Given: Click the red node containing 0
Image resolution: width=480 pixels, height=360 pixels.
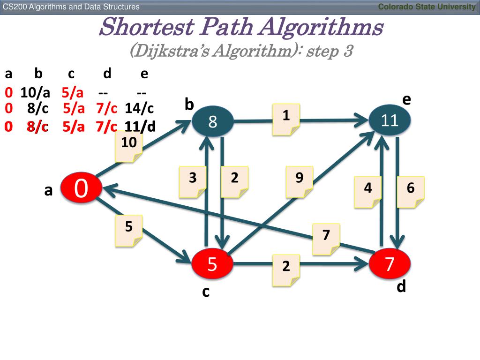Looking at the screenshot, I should click(x=81, y=188).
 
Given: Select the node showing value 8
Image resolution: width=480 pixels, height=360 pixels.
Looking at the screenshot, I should click(x=212, y=121).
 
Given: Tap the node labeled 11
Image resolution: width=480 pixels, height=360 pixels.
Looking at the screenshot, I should click(x=390, y=120).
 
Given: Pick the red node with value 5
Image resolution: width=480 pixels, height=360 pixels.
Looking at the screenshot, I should click(x=212, y=264).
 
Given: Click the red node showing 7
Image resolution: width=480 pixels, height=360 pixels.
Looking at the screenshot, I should click(x=390, y=264).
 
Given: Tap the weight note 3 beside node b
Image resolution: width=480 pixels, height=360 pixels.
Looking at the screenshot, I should click(x=193, y=181).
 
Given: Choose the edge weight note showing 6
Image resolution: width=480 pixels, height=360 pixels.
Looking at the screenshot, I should click(x=411, y=192).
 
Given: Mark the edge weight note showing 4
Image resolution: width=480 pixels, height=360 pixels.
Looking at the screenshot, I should click(x=368, y=192).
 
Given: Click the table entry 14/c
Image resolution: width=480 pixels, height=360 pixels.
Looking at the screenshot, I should click(x=139, y=109).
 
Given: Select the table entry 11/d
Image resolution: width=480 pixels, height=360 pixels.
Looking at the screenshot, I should click(x=140, y=127).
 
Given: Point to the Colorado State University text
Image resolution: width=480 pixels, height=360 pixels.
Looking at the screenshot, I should click(x=427, y=7).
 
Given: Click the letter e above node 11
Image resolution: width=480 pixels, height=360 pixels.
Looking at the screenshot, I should click(x=406, y=99).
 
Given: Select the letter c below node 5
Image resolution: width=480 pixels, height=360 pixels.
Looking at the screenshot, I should click(x=205, y=292).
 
